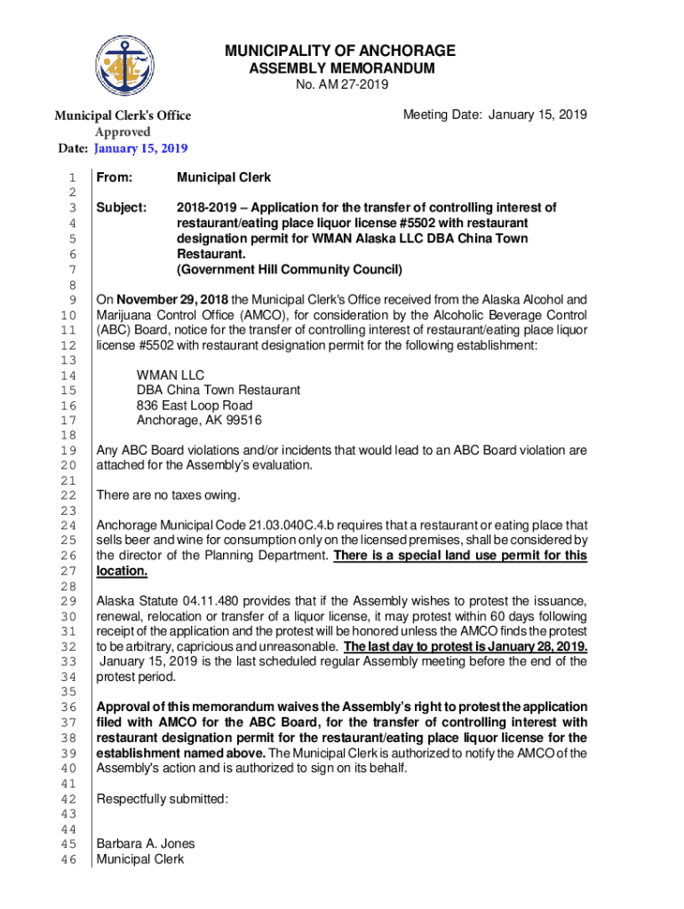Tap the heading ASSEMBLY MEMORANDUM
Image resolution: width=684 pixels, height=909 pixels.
[341, 68]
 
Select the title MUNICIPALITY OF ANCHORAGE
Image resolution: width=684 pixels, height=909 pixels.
[341, 51]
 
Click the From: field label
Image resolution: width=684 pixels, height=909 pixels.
[115, 178]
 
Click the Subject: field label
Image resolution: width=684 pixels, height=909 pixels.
[121, 208]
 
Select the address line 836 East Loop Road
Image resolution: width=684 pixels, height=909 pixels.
[195, 406]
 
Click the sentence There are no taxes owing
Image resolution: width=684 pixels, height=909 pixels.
[169, 494]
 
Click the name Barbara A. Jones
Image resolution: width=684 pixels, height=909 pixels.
[146, 843]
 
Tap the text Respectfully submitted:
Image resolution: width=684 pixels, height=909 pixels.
[163, 799]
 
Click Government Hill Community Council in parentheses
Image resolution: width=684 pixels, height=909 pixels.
[290, 269]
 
